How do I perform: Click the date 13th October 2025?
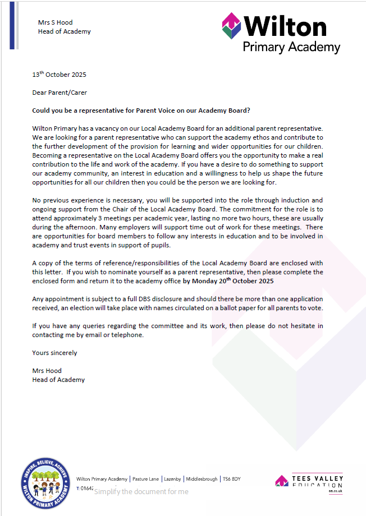[59, 75]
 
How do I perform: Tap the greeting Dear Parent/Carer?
[60, 93]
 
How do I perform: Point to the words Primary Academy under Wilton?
[291, 47]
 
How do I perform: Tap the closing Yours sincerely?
[54, 353]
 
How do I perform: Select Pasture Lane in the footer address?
[145, 479]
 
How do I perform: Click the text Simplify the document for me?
[141, 492]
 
